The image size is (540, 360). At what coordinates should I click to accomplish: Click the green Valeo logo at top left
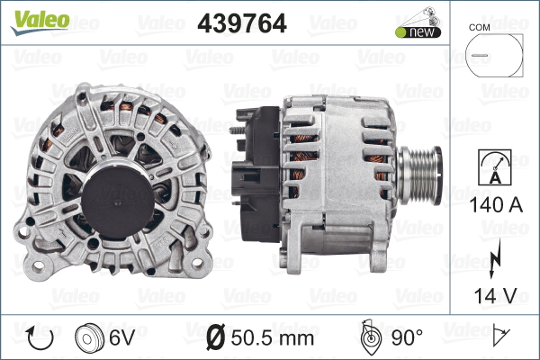click(40, 22)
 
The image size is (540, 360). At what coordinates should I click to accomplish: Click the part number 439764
click(242, 23)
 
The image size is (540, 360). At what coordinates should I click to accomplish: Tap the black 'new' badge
click(418, 32)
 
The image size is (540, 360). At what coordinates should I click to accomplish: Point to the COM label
click(479, 28)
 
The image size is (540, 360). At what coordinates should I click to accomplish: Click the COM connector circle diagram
click(494, 55)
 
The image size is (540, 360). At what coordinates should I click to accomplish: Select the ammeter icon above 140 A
click(495, 167)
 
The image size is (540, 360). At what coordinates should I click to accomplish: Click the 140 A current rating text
click(496, 205)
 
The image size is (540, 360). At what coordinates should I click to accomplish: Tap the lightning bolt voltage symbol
click(495, 258)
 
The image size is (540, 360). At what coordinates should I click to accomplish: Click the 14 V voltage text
click(495, 295)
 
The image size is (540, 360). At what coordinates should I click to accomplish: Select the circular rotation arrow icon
click(40, 338)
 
